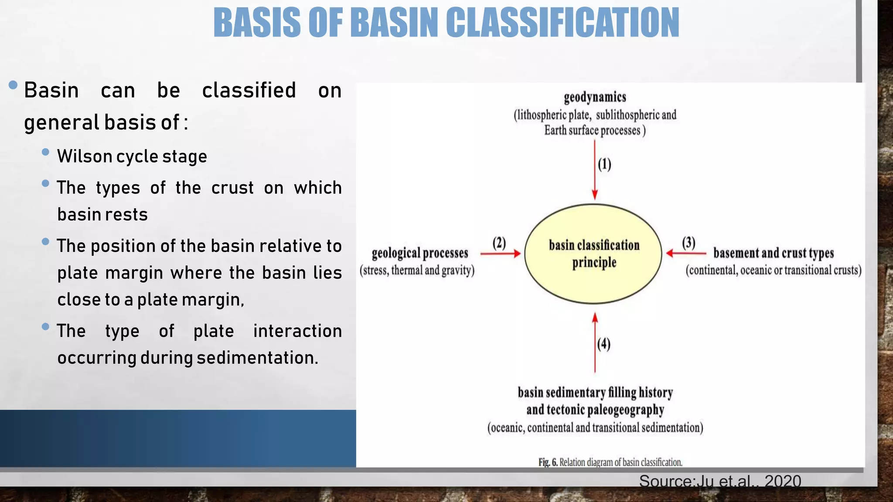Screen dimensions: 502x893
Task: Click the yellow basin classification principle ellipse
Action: [x=593, y=254]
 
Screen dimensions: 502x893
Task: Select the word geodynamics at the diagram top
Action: [x=595, y=97]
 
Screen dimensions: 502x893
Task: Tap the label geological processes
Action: [x=419, y=253]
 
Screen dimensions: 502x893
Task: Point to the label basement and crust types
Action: [x=773, y=253]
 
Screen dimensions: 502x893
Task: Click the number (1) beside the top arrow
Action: [x=604, y=165]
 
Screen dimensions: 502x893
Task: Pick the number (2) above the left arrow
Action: [x=499, y=243]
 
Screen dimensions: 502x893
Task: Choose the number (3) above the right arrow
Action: [x=688, y=243]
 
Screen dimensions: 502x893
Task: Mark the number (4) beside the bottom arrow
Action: [x=604, y=344]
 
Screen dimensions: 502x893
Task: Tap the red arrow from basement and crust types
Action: [x=686, y=253]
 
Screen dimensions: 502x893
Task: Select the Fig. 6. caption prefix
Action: [x=548, y=462]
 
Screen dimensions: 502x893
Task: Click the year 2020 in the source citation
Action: [x=783, y=481]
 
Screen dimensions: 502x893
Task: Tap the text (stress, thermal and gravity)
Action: [x=417, y=271]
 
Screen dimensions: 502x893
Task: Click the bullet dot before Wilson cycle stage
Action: [x=45, y=152]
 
